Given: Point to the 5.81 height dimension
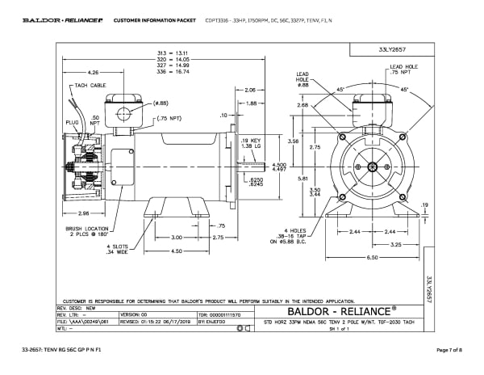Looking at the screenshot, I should (300, 178).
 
